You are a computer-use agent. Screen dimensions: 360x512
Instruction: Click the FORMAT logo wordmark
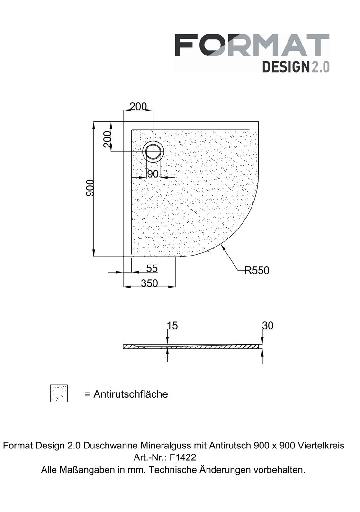pyautogui.click(x=252, y=45)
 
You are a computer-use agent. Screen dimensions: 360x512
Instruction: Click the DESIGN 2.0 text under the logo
pyautogui.click(x=296, y=67)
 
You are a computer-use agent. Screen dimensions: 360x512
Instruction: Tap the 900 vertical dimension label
pyautogui.click(x=90, y=188)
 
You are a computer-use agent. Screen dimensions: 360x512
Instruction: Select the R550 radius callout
pyautogui.click(x=257, y=270)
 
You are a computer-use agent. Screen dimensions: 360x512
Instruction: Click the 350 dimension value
pyautogui.click(x=150, y=283)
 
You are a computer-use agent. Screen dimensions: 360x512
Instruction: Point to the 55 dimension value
pyautogui.click(x=152, y=268)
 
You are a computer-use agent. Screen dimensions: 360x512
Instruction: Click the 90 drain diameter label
pyautogui.click(x=153, y=174)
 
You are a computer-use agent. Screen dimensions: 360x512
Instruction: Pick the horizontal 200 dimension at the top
pyautogui.click(x=138, y=107)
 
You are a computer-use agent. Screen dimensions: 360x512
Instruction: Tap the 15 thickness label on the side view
pyautogui.click(x=172, y=326)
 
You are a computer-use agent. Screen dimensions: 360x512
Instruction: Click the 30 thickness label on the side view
pyautogui.click(x=267, y=326)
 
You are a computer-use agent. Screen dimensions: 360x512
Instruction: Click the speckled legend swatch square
pyautogui.click(x=59, y=393)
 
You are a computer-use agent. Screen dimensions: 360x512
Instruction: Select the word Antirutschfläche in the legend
pyautogui.click(x=131, y=394)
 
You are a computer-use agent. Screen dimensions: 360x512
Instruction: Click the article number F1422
pyautogui.click(x=183, y=457)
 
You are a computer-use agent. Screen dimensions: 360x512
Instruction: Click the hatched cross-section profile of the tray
pyautogui.click(x=193, y=347)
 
